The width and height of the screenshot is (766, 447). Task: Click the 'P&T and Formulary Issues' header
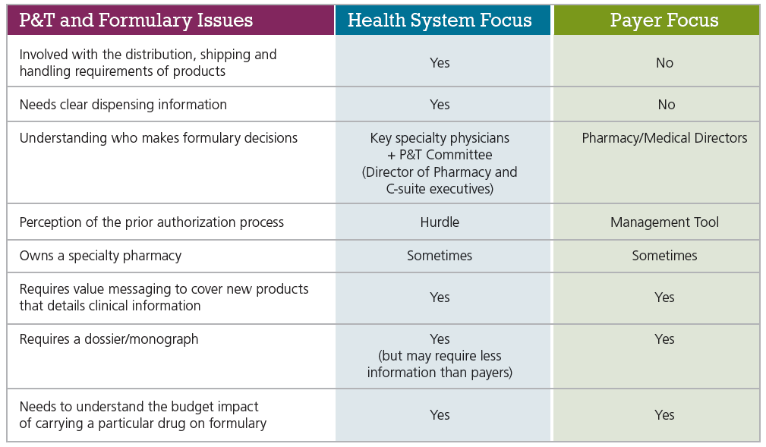tap(136, 20)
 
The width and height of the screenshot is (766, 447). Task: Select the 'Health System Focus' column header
tap(440, 20)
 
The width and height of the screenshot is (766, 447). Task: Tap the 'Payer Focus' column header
tap(664, 20)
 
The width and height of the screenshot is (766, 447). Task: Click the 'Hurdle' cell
tap(440, 222)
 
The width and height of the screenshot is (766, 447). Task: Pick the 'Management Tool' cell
tap(664, 222)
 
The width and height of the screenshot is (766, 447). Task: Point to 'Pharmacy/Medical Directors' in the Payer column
tap(664, 138)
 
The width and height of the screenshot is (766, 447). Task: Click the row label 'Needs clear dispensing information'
tap(123, 105)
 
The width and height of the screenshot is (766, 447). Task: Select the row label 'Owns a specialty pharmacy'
tap(100, 256)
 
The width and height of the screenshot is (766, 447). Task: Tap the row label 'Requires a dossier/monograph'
tap(109, 339)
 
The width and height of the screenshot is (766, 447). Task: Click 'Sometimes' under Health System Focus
tap(440, 256)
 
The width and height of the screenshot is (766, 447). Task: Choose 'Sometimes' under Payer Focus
tap(664, 256)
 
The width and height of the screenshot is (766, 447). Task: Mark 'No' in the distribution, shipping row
tap(664, 63)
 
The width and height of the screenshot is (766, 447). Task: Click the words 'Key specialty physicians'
tap(440, 138)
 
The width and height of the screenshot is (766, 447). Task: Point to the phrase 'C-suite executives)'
tap(440, 188)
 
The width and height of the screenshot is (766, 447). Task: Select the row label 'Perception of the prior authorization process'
tap(152, 222)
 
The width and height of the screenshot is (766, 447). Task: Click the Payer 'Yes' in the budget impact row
tap(664, 415)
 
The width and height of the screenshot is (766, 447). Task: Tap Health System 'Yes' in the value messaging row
tap(440, 297)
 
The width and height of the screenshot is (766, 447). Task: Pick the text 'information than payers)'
tap(440, 373)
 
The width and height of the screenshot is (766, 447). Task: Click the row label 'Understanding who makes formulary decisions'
tap(159, 138)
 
